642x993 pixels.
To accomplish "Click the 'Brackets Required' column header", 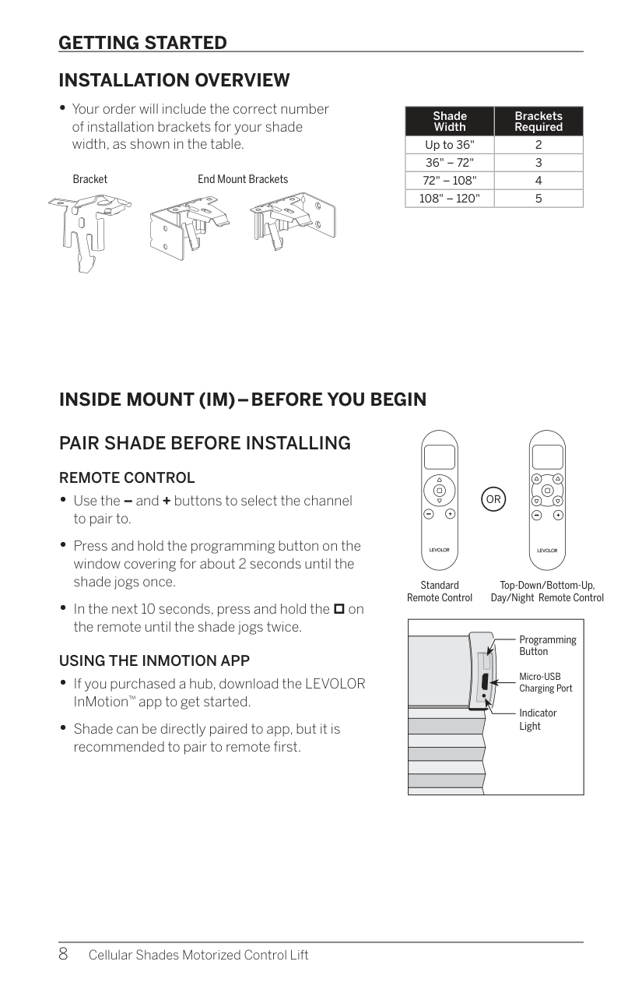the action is tap(539, 121).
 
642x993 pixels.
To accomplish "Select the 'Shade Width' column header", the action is tap(450, 121).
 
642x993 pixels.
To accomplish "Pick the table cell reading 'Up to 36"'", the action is tap(450, 145).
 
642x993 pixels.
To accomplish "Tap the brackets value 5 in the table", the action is tap(539, 198).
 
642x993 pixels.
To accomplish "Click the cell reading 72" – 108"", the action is tap(450, 181).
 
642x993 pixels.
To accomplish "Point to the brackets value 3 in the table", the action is tap(539, 163).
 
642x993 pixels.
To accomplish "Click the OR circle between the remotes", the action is tap(493, 499).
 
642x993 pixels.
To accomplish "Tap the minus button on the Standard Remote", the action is tap(429, 514).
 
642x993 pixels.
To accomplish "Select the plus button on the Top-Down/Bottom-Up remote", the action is tap(558, 515).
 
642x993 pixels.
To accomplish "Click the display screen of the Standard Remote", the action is tap(440, 457).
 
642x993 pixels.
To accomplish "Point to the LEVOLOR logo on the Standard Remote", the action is tap(439, 550).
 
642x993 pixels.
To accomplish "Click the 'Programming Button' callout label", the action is tap(548, 646).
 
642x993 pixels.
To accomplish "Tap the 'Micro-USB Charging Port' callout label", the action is tap(546, 682).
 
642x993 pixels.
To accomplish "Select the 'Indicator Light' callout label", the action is tap(538, 720).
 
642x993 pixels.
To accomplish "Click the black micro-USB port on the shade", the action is tap(485, 681).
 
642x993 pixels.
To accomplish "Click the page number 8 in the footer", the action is tap(63, 953).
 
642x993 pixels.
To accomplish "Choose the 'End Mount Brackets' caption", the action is tap(243, 179).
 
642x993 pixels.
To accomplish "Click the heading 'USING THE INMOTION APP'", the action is tap(155, 660).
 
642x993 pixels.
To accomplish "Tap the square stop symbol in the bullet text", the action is tap(339, 609).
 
